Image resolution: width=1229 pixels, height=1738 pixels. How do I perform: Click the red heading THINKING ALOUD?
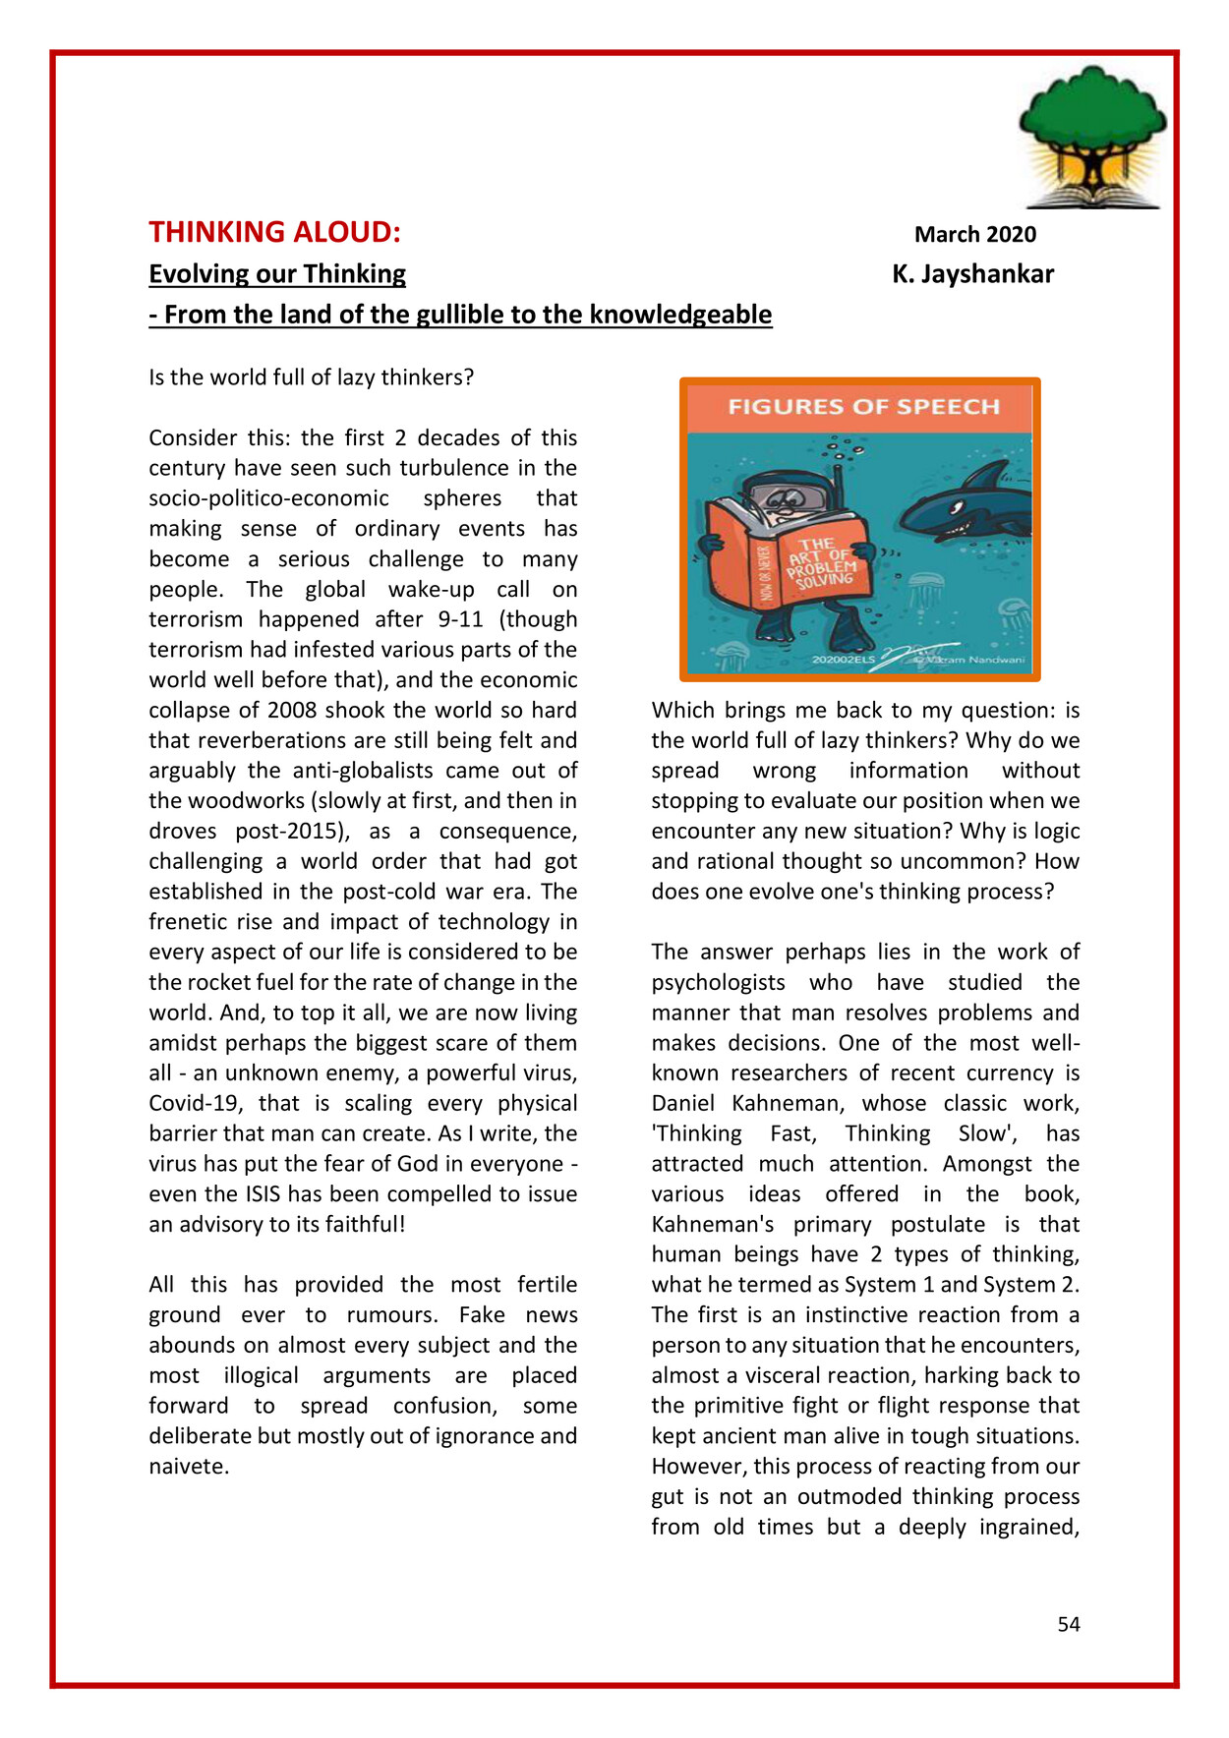pyautogui.click(x=274, y=232)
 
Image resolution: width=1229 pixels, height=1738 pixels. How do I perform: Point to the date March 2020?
pyautogui.click(x=974, y=234)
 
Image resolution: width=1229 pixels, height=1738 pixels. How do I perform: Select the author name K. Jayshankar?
pyautogui.click(x=972, y=274)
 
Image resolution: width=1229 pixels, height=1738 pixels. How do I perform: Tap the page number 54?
pyautogui.click(x=1069, y=1624)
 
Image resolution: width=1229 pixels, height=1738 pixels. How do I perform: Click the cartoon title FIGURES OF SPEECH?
pyautogui.click(x=863, y=407)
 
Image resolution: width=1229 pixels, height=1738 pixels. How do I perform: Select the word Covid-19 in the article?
pyautogui.click(x=197, y=1103)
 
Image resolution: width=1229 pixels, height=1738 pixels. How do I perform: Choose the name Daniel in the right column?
pyautogui.click(x=687, y=1103)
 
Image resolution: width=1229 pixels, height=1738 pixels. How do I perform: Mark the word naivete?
pyautogui.click(x=188, y=1466)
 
